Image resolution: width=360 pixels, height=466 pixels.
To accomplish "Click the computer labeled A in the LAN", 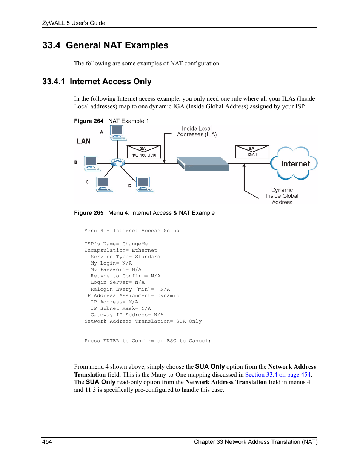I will click(117, 132).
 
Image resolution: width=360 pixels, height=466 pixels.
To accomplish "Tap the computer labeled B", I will click(91, 163).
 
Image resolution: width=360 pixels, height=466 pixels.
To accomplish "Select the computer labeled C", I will click(104, 184).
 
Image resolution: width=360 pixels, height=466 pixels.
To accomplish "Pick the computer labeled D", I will click(144, 184).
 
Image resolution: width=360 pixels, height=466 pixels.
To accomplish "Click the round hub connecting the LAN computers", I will click(117, 162).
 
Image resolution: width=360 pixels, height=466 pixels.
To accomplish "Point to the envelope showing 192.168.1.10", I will click(144, 152).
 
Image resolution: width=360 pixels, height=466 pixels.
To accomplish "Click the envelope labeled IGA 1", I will click(252, 152).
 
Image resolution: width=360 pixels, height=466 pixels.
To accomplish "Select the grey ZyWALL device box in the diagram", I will click(203, 164).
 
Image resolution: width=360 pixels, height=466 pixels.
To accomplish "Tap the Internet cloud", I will click(294, 164).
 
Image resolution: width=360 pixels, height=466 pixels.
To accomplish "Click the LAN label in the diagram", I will click(83, 141).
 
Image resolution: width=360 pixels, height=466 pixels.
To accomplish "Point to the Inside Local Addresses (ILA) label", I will click(197, 131).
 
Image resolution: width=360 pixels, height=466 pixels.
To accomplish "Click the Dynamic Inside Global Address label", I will click(282, 196).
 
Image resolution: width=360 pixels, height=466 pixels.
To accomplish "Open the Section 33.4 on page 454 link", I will click(278, 375).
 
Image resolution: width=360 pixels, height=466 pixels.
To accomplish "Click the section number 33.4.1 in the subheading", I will click(53, 82).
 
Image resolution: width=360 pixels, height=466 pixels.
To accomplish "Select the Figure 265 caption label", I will click(89, 213).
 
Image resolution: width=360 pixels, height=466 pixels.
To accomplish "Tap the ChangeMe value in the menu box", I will click(135, 244).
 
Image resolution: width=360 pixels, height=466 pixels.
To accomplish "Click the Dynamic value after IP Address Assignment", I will click(168, 295).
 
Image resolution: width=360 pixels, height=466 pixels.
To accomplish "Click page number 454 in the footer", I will click(47, 442).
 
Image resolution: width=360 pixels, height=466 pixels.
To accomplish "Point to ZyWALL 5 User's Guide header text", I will click(74, 23).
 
